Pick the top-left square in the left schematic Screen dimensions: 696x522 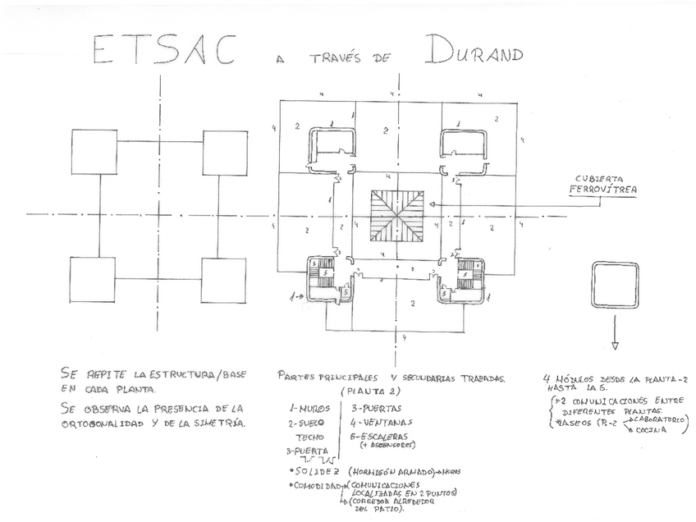pos(94,152)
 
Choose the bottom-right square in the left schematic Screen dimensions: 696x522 pos(223,282)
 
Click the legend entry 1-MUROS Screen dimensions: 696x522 pos(309,407)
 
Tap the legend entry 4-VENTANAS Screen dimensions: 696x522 pos(381,422)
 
